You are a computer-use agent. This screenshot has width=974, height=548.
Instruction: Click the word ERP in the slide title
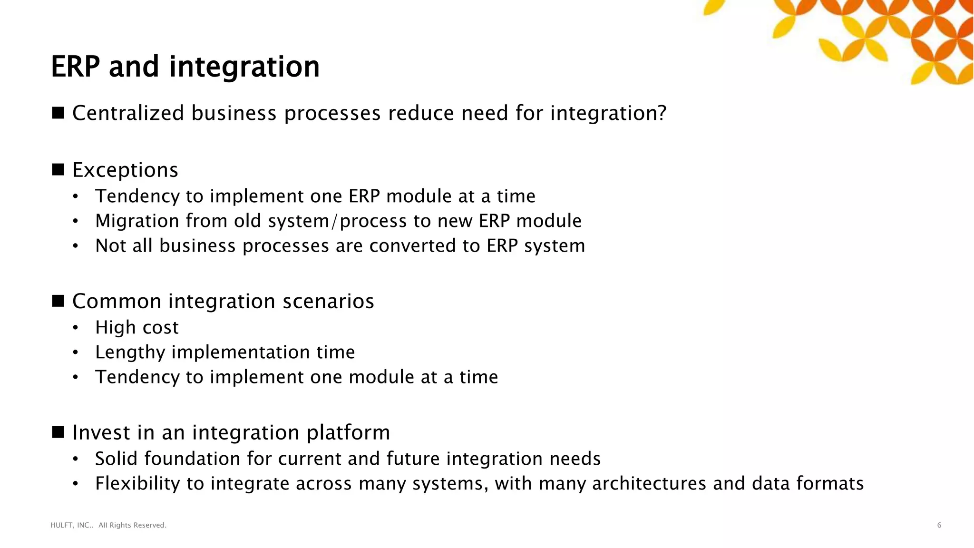click(75, 67)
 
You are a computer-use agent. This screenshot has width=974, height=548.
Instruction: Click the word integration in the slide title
click(244, 68)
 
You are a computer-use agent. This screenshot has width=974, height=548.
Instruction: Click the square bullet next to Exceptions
click(58, 169)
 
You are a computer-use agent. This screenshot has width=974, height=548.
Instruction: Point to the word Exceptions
click(125, 170)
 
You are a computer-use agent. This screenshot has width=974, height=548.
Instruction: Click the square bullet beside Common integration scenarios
click(58, 301)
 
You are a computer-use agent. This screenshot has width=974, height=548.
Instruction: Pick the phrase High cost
click(136, 328)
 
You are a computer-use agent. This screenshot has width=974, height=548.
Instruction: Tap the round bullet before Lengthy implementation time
click(75, 353)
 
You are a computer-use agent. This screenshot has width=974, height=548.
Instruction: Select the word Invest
click(101, 433)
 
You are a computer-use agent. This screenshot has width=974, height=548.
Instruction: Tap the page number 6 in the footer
click(939, 525)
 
